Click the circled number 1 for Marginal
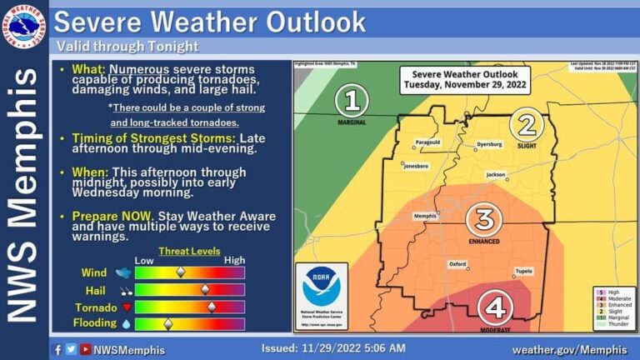click(x=352, y=101)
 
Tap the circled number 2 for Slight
click(x=527, y=125)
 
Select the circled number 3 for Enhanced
click(x=483, y=220)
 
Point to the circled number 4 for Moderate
click(x=495, y=309)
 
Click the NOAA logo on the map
click(x=322, y=288)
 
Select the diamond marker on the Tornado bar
click(x=212, y=306)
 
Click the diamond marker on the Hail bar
click(x=205, y=289)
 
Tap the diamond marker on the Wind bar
click(x=180, y=272)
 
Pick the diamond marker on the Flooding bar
click(x=167, y=322)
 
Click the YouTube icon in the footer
click(x=85, y=349)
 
